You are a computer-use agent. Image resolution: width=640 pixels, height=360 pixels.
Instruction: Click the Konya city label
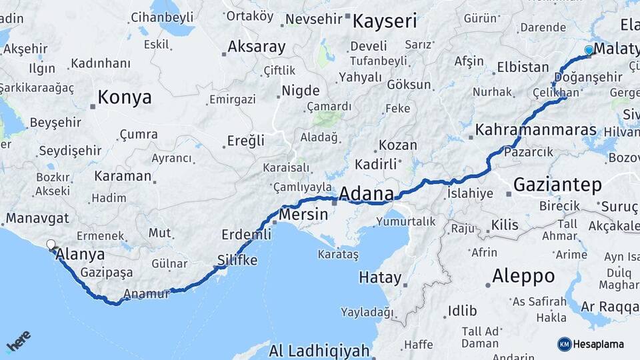point(124,98)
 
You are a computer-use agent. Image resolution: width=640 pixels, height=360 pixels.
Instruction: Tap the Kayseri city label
point(384,21)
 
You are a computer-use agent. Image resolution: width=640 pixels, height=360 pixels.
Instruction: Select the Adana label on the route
point(366,194)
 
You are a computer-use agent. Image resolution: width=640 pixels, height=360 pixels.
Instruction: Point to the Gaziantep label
point(558,185)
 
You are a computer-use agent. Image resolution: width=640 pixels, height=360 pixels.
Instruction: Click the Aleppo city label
point(523,275)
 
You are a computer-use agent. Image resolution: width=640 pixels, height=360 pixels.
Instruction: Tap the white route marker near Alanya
point(51,245)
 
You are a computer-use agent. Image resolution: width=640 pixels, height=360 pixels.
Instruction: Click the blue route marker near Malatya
point(588,50)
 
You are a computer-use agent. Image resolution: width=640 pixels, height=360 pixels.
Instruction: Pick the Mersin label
point(303,215)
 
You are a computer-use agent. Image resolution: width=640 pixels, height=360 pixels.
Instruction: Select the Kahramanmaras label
point(535,130)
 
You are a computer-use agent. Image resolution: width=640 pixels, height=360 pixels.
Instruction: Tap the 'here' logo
point(18,342)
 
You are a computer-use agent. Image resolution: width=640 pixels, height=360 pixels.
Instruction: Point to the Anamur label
point(147,293)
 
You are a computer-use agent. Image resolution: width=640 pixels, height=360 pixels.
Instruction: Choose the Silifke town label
point(237,260)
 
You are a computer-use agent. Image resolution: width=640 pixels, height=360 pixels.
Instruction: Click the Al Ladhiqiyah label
point(319,350)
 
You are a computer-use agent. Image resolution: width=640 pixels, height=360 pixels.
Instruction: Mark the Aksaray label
point(256,47)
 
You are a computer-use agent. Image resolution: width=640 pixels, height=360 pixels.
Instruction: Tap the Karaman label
point(123,176)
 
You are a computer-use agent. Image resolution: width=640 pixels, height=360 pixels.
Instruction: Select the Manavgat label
point(37,218)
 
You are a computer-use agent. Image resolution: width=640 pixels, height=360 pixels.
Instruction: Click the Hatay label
point(380,277)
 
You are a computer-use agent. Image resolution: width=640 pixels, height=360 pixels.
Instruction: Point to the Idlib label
point(462,310)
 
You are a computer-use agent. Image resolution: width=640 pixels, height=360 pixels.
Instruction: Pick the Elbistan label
point(522,67)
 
